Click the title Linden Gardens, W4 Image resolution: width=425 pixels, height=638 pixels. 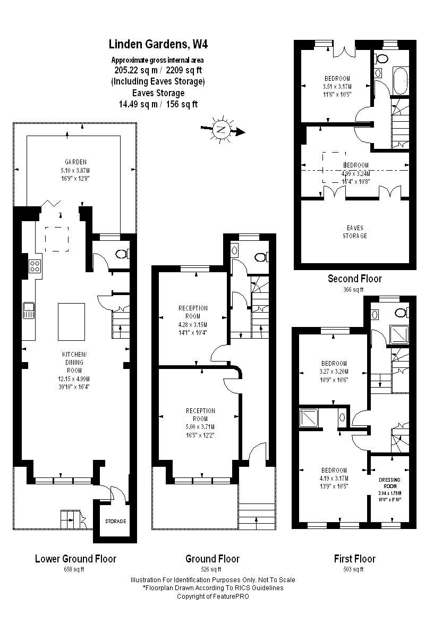[x=155, y=44]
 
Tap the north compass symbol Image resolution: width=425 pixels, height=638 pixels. [x=220, y=129]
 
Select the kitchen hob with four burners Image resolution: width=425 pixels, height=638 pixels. [x=35, y=266]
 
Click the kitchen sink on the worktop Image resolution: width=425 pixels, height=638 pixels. [x=29, y=310]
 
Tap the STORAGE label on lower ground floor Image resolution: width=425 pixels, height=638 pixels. [x=115, y=521]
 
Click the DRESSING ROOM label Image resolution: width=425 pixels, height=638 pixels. [x=389, y=483]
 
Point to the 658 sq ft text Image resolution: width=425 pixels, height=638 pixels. [x=75, y=569]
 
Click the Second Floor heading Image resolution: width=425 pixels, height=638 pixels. [x=354, y=279]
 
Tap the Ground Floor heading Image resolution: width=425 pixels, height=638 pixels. [x=212, y=559]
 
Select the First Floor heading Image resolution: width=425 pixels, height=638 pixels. [x=354, y=559]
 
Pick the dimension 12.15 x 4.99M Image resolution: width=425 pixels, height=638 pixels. [x=75, y=379]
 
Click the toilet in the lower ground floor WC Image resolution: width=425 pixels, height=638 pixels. [x=121, y=254]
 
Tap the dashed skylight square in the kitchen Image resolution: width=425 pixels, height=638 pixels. [x=56, y=238]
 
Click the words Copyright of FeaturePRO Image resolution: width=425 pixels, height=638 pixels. [x=212, y=596]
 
